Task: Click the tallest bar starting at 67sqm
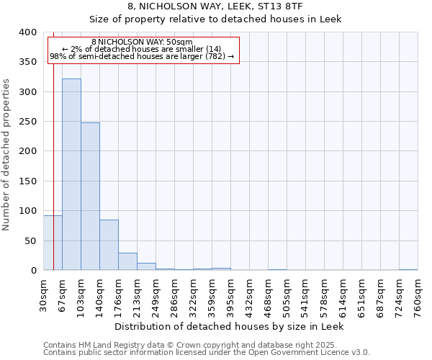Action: coord(71,174)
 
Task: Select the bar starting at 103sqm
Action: coord(90,197)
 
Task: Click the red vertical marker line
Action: coord(53,144)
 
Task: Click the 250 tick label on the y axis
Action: coord(27,122)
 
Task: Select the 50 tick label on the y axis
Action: coord(30,240)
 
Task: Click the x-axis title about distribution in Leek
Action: coord(230,326)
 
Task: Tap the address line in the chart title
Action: coord(215,6)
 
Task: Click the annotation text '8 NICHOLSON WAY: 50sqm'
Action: coord(142,42)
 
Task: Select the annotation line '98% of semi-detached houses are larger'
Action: coord(142,56)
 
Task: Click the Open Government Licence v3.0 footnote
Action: coord(206,353)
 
